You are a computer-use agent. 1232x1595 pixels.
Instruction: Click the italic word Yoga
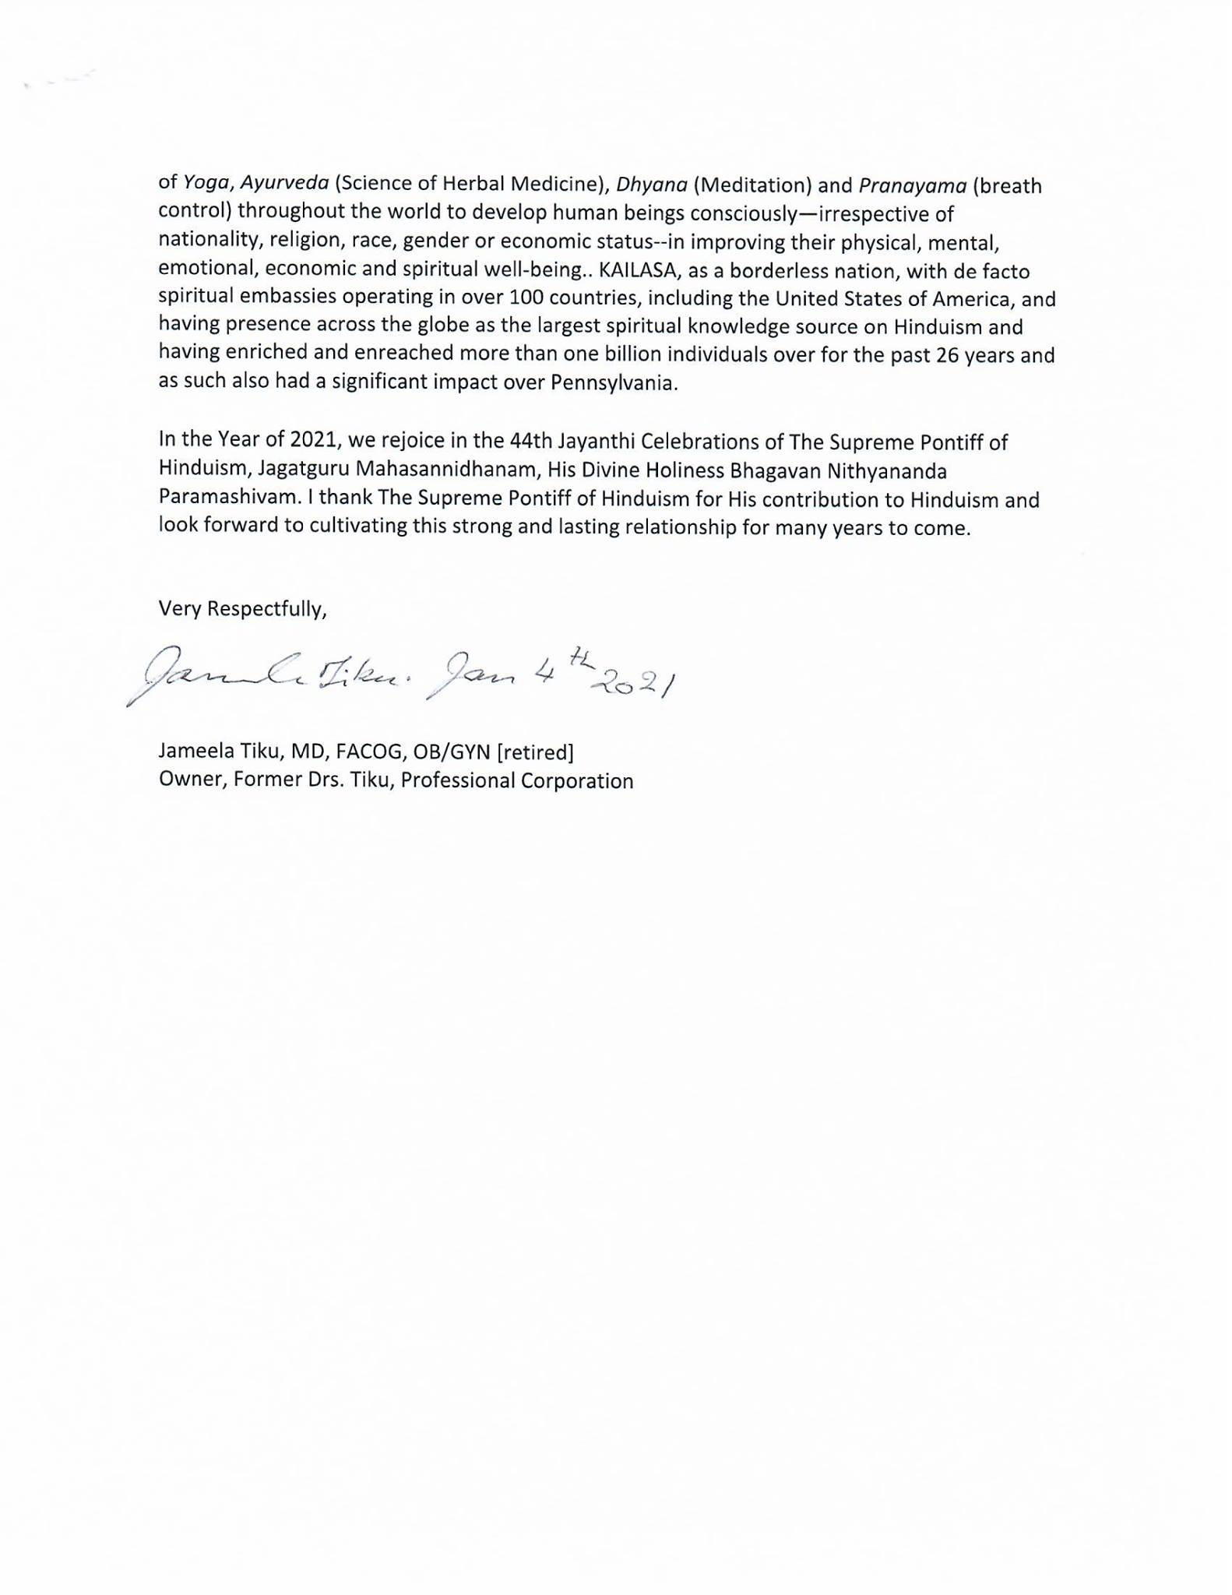coord(206,183)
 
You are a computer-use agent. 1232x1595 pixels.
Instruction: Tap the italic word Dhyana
coord(651,185)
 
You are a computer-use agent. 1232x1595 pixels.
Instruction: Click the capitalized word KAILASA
coord(638,271)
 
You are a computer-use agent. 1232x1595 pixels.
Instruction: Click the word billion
coord(569,354)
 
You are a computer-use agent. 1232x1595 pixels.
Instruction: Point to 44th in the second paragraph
coord(531,442)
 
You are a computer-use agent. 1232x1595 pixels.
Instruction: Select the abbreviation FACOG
coord(366,752)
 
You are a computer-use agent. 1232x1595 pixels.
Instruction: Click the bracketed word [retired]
coord(535,752)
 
